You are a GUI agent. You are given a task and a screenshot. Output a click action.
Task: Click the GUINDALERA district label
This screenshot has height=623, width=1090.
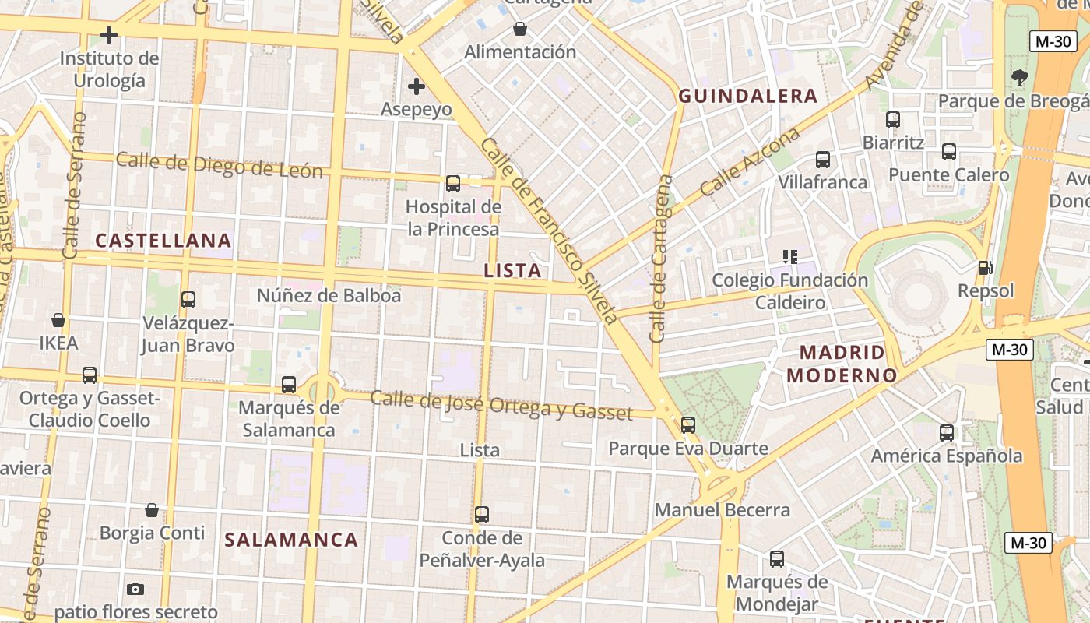[x=747, y=96]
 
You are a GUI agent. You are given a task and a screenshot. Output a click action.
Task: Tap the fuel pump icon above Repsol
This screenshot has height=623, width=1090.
[x=985, y=268]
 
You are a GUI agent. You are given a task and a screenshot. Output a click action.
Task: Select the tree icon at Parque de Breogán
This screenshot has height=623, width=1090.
[x=1019, y=78]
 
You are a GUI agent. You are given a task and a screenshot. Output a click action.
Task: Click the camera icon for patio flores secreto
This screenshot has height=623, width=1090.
[x=135, y=589]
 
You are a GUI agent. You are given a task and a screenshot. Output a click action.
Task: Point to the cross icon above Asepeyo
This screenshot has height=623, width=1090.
[x=417, y=86]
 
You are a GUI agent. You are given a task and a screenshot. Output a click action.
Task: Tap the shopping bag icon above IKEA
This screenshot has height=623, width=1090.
[x=58, y=320]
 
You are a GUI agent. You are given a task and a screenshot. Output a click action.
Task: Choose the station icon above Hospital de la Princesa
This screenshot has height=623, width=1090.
[x=452, y=184]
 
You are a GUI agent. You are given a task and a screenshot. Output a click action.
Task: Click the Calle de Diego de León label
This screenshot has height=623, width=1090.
[x=219, y=165]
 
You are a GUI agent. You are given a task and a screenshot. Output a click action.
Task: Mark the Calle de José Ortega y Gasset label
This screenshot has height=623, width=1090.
[x=501, y=404]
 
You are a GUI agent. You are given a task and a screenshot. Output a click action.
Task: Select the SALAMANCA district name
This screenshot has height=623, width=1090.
[x=291, y=540]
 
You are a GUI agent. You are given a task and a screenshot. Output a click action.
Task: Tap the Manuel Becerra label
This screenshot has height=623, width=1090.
[x=722, y=510]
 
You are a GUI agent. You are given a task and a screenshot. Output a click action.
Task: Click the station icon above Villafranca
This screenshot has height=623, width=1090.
[x=823, y=160]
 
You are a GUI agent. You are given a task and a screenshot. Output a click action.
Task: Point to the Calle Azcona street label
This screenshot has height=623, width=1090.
[x=750, y=162]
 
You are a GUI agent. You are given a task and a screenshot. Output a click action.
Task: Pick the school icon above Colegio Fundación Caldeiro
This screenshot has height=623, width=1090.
[x=790, y=257]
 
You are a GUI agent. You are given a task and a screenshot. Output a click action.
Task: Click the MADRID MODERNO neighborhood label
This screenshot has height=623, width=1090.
[x=842, y=364]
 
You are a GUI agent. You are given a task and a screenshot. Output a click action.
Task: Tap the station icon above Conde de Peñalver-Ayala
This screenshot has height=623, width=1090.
[x=482, y=515]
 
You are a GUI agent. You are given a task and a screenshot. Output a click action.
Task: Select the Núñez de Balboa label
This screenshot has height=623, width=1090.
[x=329, y=296]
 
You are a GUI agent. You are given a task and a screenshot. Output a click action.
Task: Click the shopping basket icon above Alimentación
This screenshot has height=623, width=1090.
[x=519, y=30]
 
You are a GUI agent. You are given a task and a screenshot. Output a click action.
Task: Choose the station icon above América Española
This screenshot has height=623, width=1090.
[x=946, y=433]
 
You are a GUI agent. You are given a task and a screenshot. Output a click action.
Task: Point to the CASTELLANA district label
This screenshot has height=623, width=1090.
[x=163, y=241]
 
